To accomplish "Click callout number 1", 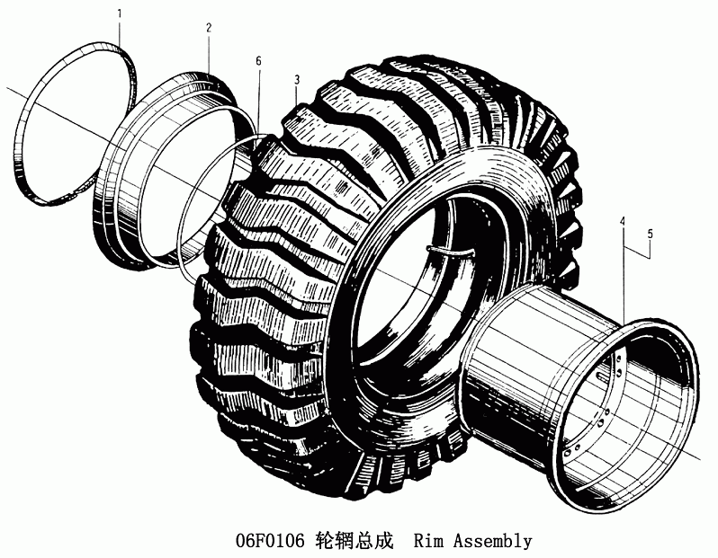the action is click(x=120, y=13).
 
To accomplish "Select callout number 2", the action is click(x=209, y=28).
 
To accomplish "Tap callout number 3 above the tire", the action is click(x=297, y=80).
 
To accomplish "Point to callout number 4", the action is click(x=623, y=221).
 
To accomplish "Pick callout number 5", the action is click(x=651, y=235).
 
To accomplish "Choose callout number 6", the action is click(x=259, y=61).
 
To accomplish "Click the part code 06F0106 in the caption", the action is click(x=270, y=541).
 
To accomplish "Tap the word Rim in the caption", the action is click(x=428, y=541).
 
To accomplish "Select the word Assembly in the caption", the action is click(x=493, y=542).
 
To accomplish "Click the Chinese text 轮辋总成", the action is click(x=355, y=541).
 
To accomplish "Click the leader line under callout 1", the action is click(x=120, y=32).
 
